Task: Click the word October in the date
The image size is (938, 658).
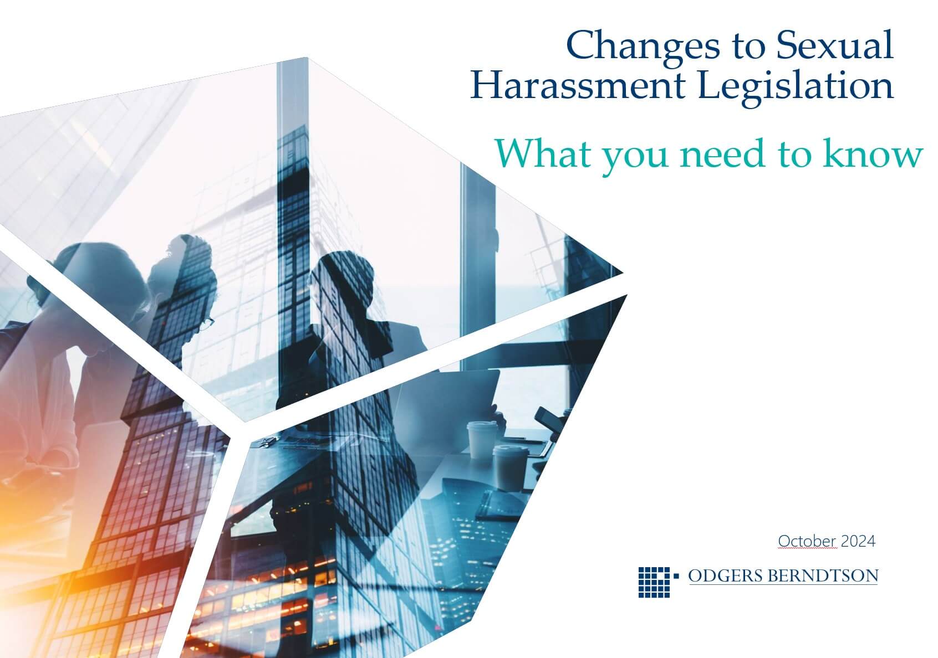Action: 807,541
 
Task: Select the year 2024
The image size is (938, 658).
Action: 858,541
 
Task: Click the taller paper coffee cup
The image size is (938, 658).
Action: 482,440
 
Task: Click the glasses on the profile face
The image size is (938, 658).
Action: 208,322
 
